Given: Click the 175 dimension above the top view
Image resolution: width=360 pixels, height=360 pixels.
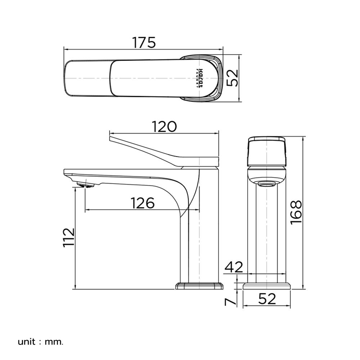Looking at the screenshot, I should point(144,42).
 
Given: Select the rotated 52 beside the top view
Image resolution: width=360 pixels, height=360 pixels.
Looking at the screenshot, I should point(234,78).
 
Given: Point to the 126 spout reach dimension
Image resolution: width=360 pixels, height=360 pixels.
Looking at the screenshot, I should point(142,203).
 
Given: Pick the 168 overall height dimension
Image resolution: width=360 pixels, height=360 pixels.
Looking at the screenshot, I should point(296,212).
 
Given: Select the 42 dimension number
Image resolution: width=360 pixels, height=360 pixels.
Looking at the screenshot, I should point(234,267).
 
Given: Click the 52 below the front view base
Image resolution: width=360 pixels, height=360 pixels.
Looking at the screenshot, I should point(266,299).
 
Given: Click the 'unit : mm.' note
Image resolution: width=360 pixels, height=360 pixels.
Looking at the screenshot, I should point(40,341).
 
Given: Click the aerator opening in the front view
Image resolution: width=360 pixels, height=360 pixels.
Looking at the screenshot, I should point(266,184).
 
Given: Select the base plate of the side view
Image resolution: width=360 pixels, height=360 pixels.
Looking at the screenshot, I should point(199,286).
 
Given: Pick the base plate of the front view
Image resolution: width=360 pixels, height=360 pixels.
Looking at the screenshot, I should point(266,286).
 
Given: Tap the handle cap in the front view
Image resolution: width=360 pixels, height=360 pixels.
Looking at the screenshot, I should point(266,151).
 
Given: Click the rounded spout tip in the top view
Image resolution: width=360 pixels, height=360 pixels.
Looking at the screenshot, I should point(68,78).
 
